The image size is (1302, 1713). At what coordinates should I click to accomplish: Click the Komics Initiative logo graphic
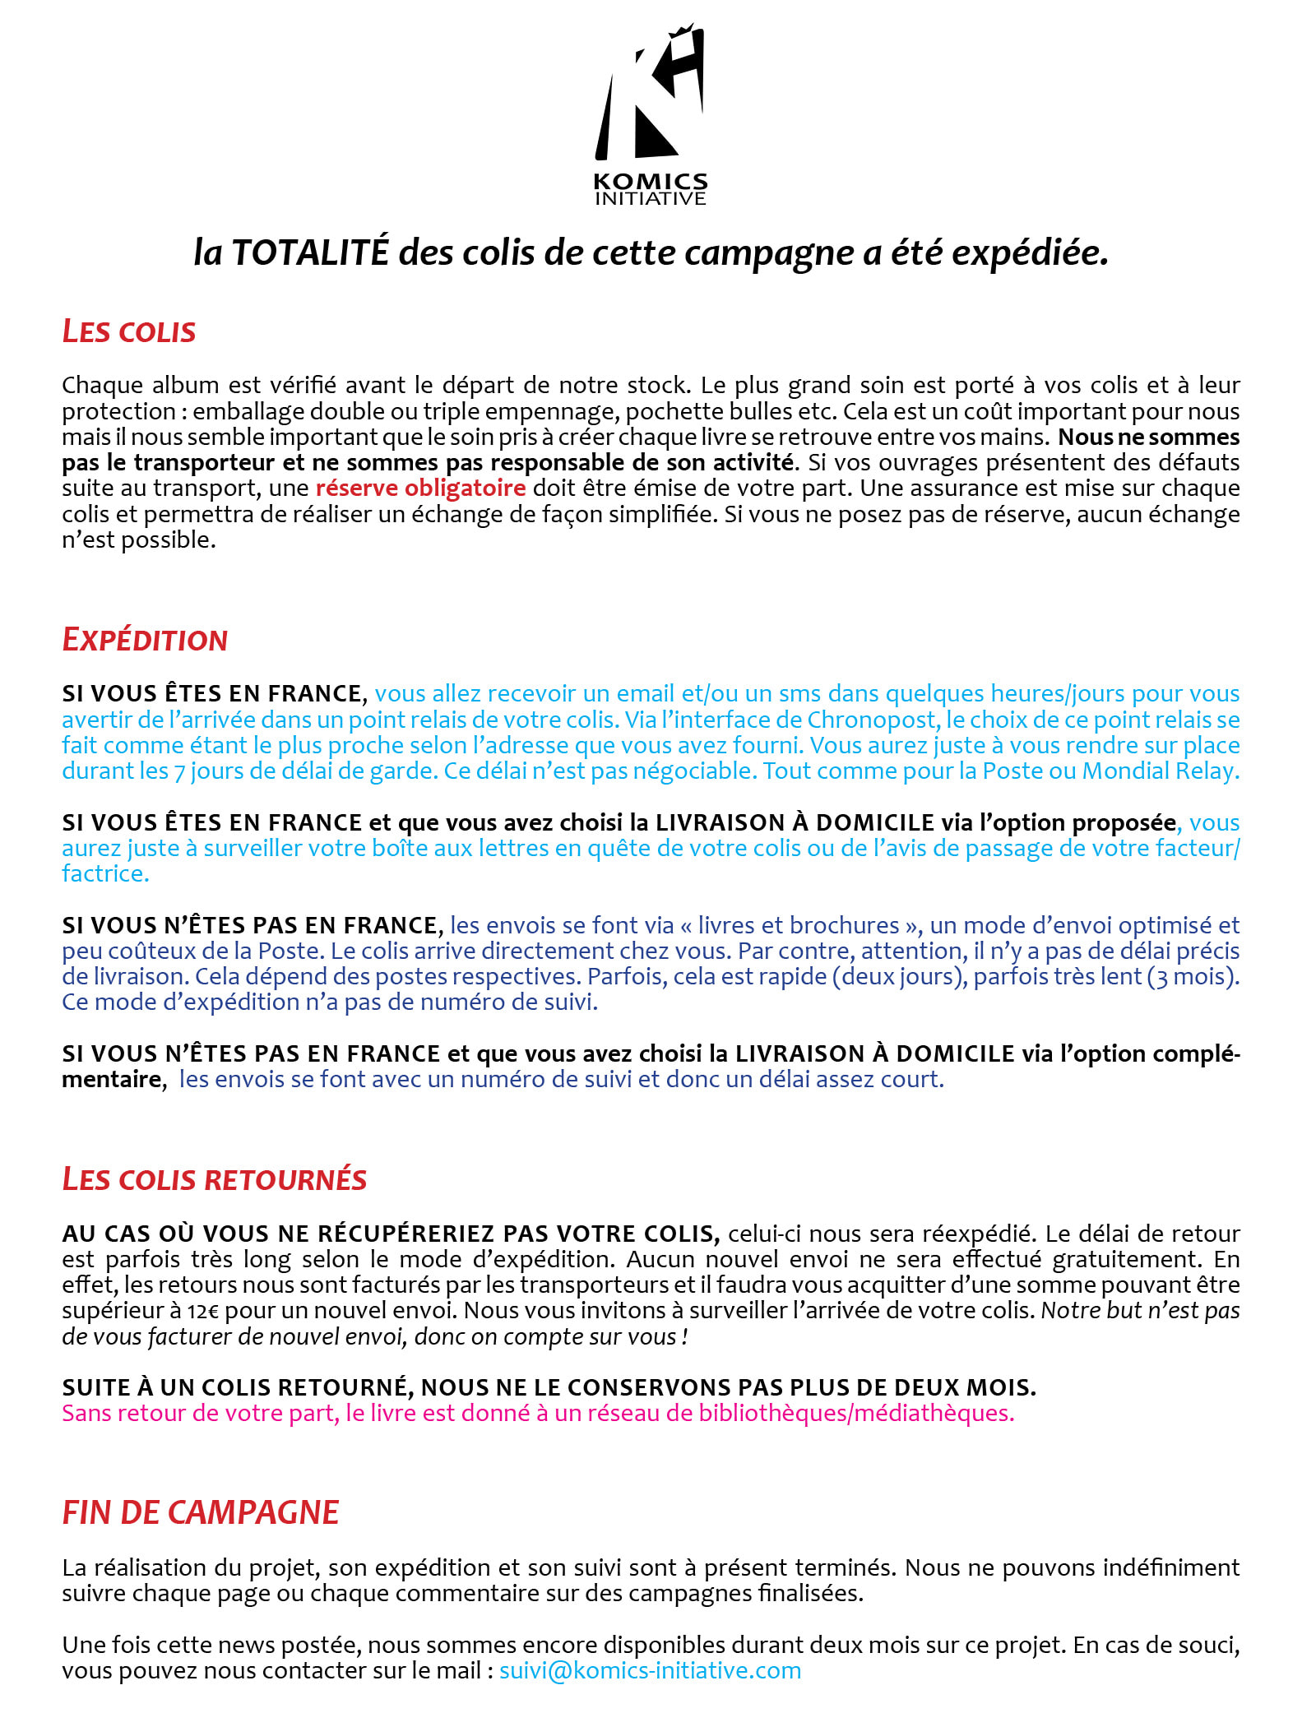[x=650, y=95]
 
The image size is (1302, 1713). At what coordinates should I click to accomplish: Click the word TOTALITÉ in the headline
[x=310, y=252]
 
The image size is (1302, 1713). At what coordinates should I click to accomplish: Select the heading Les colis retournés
[x=214, y=1179]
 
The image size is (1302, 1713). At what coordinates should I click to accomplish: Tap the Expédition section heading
[x=145, y=640]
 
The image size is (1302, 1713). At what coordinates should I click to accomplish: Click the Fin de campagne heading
[x=201, y=1512]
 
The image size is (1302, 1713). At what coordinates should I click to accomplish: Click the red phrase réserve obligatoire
[x=420, y=488]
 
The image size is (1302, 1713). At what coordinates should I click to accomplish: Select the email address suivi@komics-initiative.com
[x=650, y=1670]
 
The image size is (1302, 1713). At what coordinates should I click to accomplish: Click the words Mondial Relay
[x=1160, y=771]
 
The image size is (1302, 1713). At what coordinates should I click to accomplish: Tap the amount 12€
[x=202, y=1310]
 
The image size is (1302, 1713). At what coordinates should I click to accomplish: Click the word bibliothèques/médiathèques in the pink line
[x=856, y=1413]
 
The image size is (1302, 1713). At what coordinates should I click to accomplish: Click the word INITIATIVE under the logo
[x=650, y=198]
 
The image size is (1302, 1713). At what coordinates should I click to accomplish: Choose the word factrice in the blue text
[x=105, y=873]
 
